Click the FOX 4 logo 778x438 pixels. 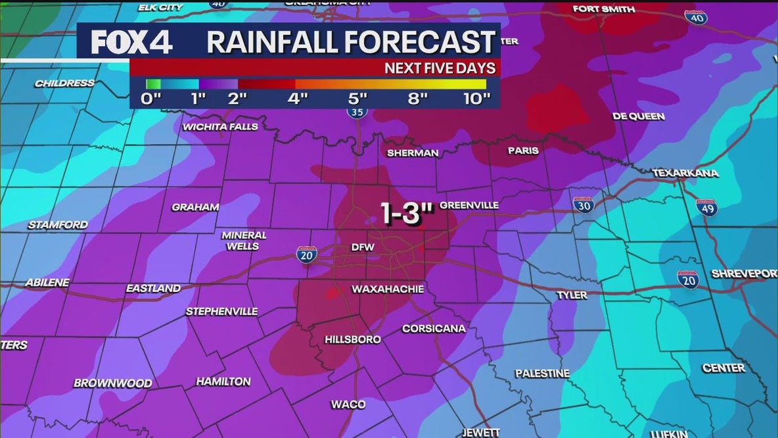point(131,43)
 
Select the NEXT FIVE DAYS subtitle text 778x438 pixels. point(439,68)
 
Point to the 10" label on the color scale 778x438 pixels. point(476,99)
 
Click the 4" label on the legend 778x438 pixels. point(298,99)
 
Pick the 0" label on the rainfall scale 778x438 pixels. point(151,99)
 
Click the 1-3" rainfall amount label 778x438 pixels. point(401,214)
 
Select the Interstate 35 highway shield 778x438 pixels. point(356,112)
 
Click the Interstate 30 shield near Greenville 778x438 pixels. point(582,205)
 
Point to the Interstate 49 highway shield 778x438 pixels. point(706,208)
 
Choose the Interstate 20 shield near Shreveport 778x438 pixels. point(688,280)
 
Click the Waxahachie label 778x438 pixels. point(388,289)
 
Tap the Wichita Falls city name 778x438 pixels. point(220,127)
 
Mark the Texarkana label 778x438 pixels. point(685,174)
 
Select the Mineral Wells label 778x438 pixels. point(244,241)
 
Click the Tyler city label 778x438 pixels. point(572,295)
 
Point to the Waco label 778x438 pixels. point(348,404)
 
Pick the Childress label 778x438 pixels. point(64,84)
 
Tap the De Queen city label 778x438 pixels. point(638,116)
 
